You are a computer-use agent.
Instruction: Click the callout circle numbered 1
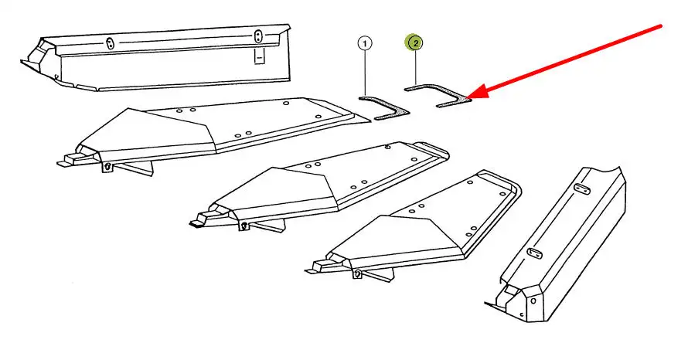pos(365,43)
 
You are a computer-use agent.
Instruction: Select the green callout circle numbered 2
pos(416,43)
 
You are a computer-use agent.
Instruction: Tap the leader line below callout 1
pos(365,73)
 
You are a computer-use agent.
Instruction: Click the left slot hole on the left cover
pos(110,43)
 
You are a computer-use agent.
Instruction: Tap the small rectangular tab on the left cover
pos(261,56)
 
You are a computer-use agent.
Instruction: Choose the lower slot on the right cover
pos(533,253)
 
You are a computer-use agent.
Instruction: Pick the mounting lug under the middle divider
pos(244,226)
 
